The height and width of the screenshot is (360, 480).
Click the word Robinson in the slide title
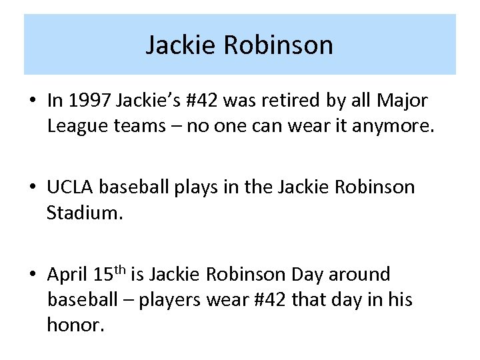coord(278,45)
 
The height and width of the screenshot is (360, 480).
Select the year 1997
coord(90,100)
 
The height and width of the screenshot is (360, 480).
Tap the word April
coord(68,275)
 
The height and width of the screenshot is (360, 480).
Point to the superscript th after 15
coord(120,270)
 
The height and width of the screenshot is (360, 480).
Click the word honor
coord(75,327)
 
